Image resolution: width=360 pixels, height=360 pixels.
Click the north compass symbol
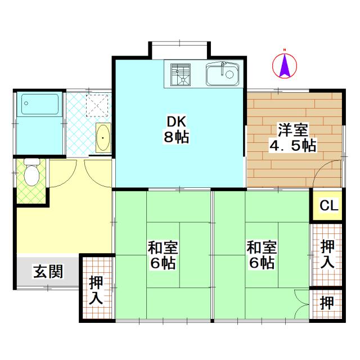pos(285,66)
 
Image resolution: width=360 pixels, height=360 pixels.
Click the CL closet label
pos(329,206)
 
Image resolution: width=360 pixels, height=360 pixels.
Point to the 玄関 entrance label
pos(48,272)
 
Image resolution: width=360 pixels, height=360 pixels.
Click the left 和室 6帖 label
pos(163,255)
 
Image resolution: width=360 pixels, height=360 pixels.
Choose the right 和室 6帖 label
pos(262,255)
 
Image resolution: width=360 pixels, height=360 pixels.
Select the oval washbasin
pos(103,138)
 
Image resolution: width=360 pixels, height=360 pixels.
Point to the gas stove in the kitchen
pos(181,74)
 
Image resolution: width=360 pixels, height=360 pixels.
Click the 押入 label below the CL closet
pos(328,254)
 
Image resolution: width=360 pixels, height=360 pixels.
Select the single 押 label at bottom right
pos(327,303)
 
